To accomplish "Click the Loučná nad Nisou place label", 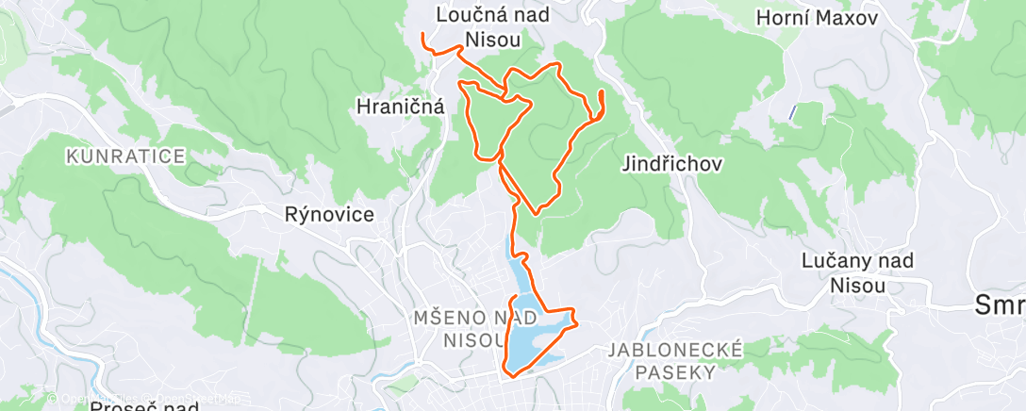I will point(493,25).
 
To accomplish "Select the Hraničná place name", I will point(401,107).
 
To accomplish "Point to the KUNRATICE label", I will point(125,156).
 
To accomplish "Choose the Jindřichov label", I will point(672,164).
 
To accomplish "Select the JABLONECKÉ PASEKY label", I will point(674,360).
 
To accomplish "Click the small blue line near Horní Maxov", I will point(792,112).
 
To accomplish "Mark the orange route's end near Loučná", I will point(423,36).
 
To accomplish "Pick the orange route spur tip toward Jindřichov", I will point(601,91).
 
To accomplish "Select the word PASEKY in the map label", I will point(674,371).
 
